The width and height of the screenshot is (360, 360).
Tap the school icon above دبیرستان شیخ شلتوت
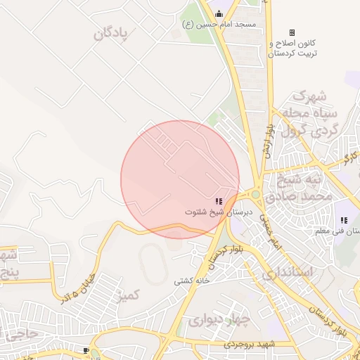tap(219, 200)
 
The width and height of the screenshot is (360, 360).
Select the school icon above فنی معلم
tap(344, 220)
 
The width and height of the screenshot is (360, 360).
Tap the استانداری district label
tap(285, 271)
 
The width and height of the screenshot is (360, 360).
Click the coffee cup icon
tap(86, 350)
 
